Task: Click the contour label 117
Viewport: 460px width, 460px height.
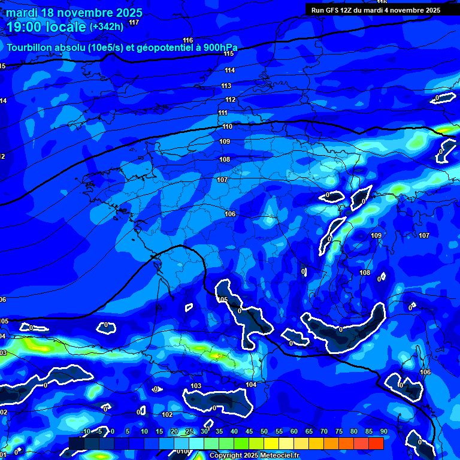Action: coord(134,22)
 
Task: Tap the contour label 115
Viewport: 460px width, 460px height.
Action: coord(228,54)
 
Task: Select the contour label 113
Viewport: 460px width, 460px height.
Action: coord(226,86)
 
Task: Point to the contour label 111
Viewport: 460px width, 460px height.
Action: coord(223,113)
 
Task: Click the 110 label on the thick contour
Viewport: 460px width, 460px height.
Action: coord(227,126)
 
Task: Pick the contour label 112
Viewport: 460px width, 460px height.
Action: coord(231,99)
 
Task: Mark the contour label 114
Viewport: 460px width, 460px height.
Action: coord(229,70)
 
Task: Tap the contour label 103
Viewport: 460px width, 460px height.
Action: coord(196,386)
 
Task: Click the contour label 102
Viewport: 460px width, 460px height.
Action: coord(167,414)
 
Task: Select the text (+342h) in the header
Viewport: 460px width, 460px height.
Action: coord(106,27)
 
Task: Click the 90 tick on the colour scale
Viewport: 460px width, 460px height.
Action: coord(383,431)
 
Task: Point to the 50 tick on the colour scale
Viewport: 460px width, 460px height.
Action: coord(264,431)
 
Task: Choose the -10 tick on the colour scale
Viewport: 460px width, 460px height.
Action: coord(84,431)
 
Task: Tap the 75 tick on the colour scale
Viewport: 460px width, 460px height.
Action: coord(339,431)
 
